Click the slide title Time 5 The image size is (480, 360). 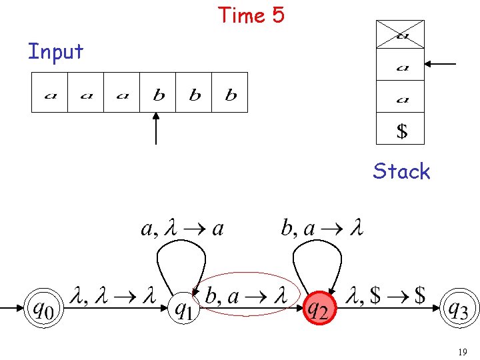pos(251,14)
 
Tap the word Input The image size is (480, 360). pos(55,51)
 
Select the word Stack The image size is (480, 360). pos(401,171)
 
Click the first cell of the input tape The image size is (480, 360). pos(50,93)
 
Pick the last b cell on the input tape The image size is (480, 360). pos(230,93)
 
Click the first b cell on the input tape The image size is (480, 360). pos(158,93)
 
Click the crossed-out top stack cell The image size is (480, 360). pos(400,35)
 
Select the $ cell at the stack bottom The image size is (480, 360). pos(400,129)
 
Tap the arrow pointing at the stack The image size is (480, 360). pos(441,65)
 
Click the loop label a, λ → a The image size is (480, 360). pos(182,229)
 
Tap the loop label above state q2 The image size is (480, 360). pos(321,229)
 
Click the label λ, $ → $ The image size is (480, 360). pos(388,295)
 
